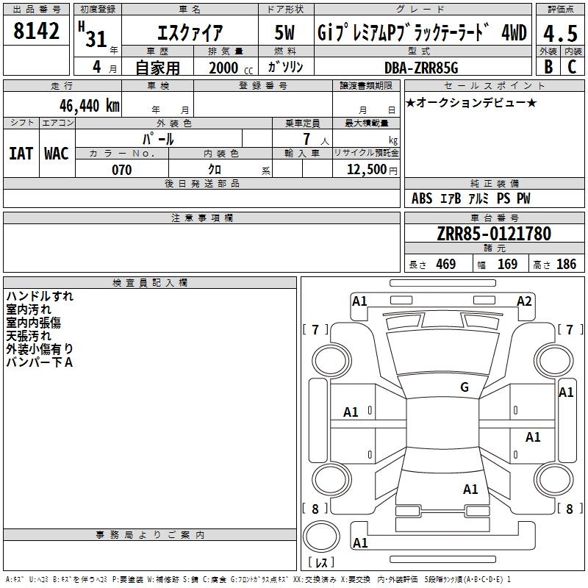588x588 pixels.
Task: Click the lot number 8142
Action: [36, 32]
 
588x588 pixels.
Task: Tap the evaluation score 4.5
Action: [557, 34]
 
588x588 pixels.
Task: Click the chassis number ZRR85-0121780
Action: [493, 234]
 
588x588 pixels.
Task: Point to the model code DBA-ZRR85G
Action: [420, 68]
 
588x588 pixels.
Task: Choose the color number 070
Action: [121, 170]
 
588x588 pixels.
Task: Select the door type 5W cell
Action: [285, 33]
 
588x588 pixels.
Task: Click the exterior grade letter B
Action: [548, 67]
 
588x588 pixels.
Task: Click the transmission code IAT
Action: [21, 154]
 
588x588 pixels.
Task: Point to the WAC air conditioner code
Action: [57, 154]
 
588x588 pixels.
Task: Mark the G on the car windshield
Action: [465, 387]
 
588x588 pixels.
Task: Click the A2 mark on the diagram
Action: [524, 301]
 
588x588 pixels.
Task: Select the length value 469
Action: [445, 265]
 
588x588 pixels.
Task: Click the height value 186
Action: [566, 265]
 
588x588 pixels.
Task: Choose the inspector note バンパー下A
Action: [39, 362]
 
